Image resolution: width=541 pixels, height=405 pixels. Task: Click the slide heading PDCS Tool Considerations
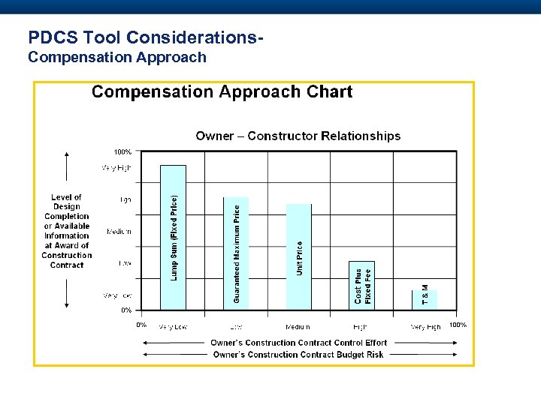point(146,37)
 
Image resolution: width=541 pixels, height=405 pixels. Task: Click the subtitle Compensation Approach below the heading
point(116,57)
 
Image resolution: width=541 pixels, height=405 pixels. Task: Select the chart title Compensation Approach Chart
point(222,92)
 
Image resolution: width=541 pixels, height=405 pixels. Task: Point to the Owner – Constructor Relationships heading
point(298,136)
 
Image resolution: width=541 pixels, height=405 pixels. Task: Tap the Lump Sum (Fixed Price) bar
point(174,237)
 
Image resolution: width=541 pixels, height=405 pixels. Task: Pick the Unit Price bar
point(298,256)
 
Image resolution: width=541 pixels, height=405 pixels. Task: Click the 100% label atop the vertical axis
point(122,152)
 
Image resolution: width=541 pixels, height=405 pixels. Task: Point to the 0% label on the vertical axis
point(126,310)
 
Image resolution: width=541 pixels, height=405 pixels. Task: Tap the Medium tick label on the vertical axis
point(119,232)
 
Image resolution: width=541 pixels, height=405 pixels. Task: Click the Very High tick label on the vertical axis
point(116,168)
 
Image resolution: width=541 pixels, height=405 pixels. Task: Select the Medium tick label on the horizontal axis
point(298,327)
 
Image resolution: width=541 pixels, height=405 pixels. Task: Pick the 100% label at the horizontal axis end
point(458,325)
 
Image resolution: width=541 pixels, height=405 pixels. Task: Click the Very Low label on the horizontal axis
point(173,327)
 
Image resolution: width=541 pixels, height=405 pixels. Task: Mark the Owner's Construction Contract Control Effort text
point(298,343)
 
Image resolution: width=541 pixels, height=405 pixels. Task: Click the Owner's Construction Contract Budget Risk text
point(298,355)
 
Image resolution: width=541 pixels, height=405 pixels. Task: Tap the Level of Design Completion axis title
point(67,231)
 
